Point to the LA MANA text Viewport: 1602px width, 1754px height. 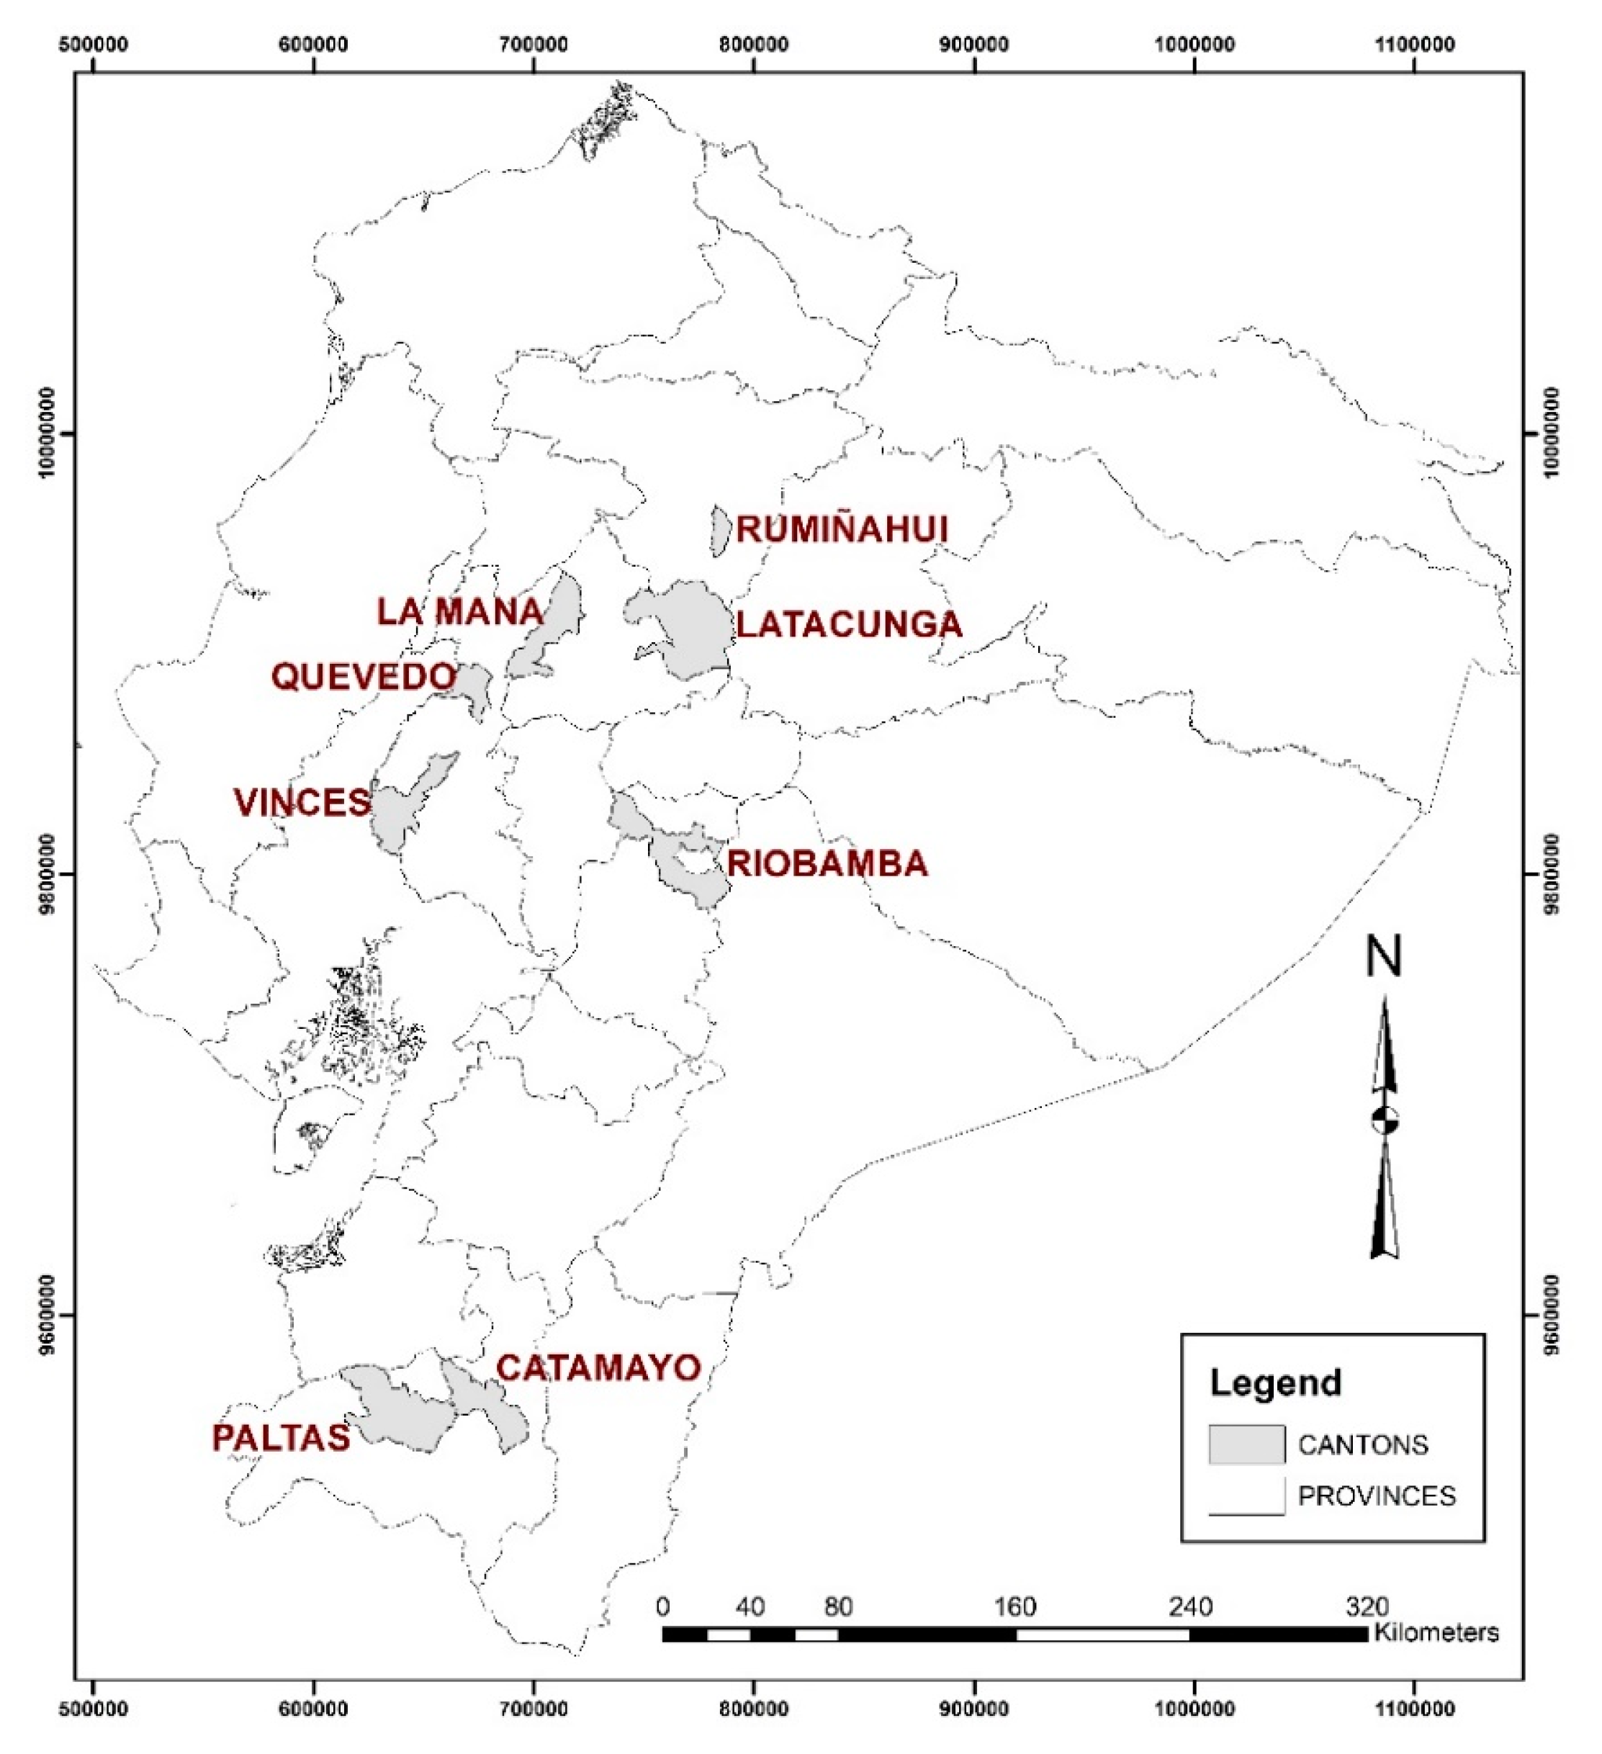[459, 611]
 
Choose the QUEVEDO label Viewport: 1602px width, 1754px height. [364, 677]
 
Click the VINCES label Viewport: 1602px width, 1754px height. [302, 803]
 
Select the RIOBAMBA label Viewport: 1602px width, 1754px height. [827, 864]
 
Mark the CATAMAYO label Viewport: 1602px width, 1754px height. [599, 1368]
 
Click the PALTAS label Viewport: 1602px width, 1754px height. [281, 1438]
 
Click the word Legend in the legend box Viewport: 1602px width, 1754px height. [1275, 1382]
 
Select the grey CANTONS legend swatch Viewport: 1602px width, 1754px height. [1246, 1444]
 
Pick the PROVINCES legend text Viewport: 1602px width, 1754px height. [1377, 1496]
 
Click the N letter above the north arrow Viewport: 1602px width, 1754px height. [1384, 956]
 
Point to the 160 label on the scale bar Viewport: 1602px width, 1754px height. [1014, 1606]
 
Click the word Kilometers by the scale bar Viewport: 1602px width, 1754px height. [1436, 1632]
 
